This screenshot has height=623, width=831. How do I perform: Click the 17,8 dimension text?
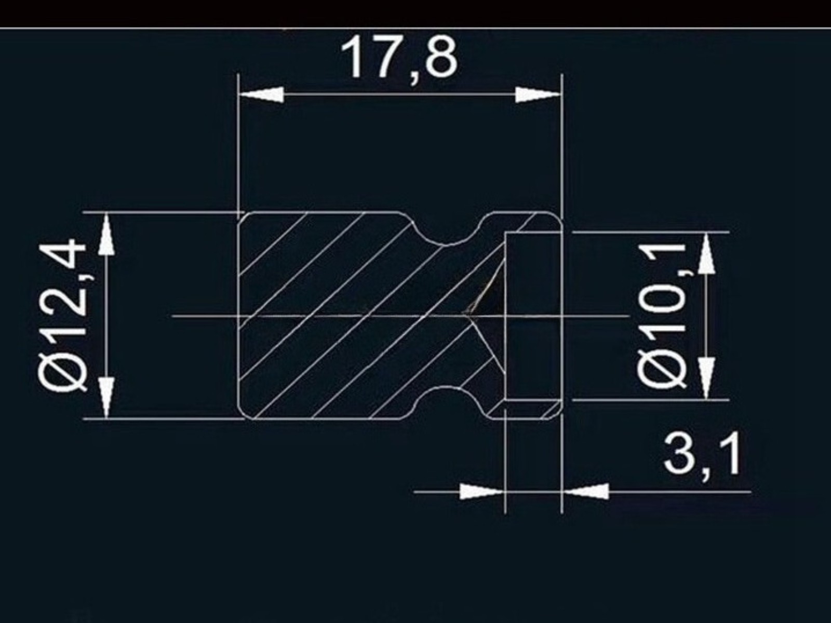tap(399, 61)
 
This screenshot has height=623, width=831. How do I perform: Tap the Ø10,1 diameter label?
tap(661, 316)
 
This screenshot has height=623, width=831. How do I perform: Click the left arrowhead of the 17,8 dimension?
tap(261, 94)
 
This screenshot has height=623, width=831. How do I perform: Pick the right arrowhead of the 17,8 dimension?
tap(538, 94)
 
